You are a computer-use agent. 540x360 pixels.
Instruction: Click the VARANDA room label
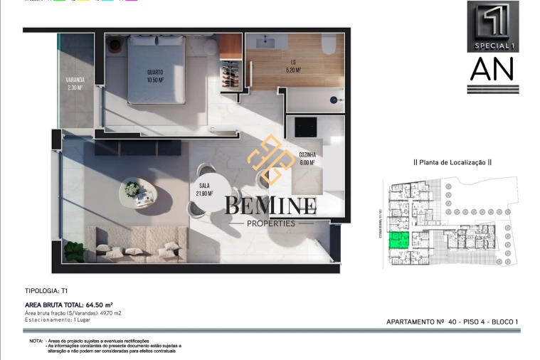[75, 80]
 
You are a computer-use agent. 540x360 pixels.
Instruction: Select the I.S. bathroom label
[293, 63]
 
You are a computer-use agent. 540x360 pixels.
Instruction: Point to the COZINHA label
[308, 154]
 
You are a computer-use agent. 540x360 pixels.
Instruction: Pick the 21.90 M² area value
[205, 194]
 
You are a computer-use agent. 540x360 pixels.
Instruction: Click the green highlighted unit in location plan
[402, 240]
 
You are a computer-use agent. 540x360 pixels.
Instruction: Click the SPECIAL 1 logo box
[492, 26]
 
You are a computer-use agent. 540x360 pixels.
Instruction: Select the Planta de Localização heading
[452, 162]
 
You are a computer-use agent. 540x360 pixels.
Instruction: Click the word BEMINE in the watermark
[271, 207]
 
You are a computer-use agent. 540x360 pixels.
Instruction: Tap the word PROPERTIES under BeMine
[270, 223]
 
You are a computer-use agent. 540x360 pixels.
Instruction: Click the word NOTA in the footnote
[36, 342]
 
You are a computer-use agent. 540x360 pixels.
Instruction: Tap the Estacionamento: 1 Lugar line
[61, 320]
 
